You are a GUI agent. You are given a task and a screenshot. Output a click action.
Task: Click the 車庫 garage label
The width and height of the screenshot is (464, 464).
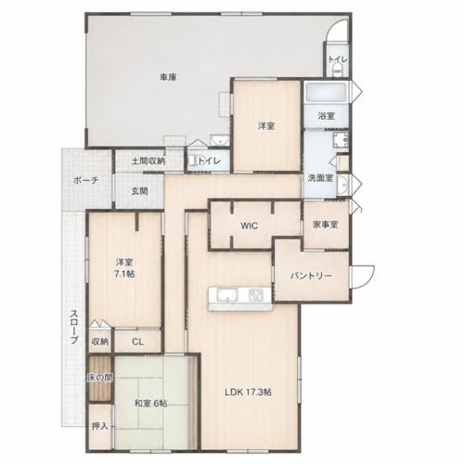168,77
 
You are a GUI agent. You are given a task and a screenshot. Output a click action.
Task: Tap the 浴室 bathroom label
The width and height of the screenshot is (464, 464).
327,116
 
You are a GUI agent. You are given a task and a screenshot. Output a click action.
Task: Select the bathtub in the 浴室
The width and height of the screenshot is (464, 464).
326,92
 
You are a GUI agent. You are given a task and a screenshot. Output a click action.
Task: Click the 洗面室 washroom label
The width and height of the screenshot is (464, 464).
320,178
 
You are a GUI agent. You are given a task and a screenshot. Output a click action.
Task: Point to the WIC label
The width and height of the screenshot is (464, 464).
249,226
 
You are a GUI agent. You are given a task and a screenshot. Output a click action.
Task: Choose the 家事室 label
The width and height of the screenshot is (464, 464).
325,225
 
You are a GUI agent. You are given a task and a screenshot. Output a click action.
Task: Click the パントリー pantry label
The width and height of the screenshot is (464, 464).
311,276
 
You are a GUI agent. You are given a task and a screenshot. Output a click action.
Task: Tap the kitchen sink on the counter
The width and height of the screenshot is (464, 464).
227,295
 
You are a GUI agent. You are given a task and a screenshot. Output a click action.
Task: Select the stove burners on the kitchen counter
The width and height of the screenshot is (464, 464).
256,295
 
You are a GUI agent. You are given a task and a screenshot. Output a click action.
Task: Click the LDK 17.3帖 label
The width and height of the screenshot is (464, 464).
248,393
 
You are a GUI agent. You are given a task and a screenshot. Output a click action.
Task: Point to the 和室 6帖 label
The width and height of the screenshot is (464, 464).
150,404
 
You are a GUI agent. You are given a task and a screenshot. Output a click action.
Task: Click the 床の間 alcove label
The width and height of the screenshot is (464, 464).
99,378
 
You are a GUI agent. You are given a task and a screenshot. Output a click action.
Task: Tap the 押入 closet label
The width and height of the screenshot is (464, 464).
99,426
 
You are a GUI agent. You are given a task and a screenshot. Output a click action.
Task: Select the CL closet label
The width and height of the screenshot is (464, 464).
137,342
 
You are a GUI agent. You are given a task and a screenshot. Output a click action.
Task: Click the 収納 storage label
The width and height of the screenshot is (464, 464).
100,342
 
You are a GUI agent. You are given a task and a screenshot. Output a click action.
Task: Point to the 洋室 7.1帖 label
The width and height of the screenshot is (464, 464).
125,268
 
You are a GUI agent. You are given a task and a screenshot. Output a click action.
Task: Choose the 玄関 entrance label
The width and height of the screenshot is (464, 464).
139,191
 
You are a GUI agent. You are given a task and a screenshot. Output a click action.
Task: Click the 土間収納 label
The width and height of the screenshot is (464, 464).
148,161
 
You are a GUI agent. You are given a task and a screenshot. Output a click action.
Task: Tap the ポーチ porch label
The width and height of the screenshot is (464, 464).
85,180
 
